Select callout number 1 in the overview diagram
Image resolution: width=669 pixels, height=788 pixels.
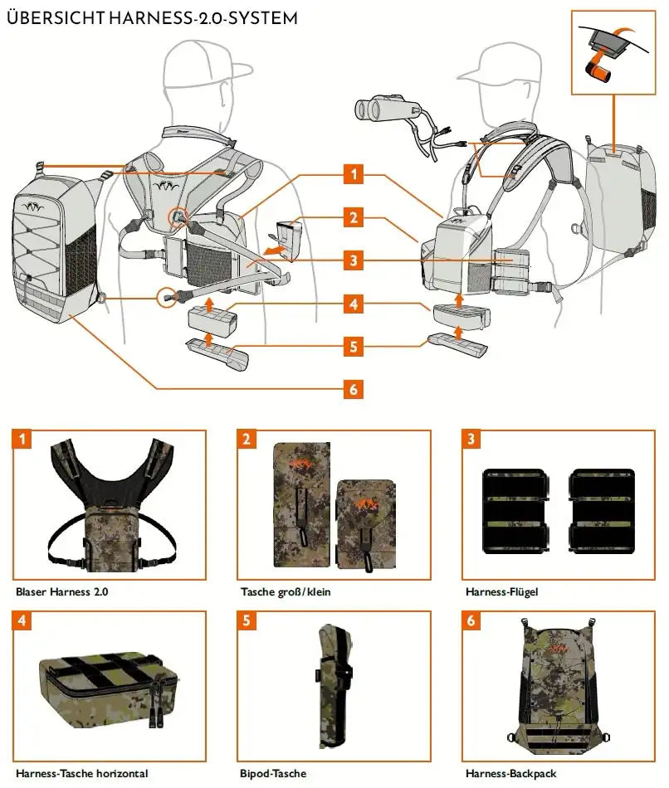tap(354, 174)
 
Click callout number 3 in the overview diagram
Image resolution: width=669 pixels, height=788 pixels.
tap(354, 260)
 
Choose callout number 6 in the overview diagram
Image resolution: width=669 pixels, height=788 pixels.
tap(354, 389)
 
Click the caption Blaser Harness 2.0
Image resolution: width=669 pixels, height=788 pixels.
tap(61, 592)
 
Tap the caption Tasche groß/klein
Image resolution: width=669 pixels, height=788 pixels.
tap(286, 592)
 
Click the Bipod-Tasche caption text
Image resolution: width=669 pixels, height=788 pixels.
tap(273, 773)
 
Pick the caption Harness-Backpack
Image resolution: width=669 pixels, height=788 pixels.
tap(510, 773)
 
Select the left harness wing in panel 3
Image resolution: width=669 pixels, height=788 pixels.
tap(514, 510)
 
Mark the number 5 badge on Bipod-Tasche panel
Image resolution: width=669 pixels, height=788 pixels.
tap(247, 620)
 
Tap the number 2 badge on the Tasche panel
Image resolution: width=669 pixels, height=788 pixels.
tap(247, 440)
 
